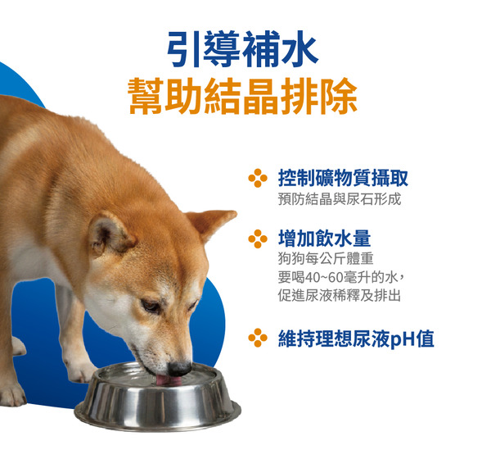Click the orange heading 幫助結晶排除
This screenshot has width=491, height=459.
[x=243, y=97]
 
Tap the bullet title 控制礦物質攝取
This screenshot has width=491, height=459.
[x=343, y=178]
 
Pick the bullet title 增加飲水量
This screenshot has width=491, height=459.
[x=324, y=239]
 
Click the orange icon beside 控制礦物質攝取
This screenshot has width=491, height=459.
[x=258, y=178]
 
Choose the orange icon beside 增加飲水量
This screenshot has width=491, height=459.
[x=258, y=239]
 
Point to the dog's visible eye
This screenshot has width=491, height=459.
[x=151, y=306]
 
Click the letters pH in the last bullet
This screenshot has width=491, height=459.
[x=401, y=339]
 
